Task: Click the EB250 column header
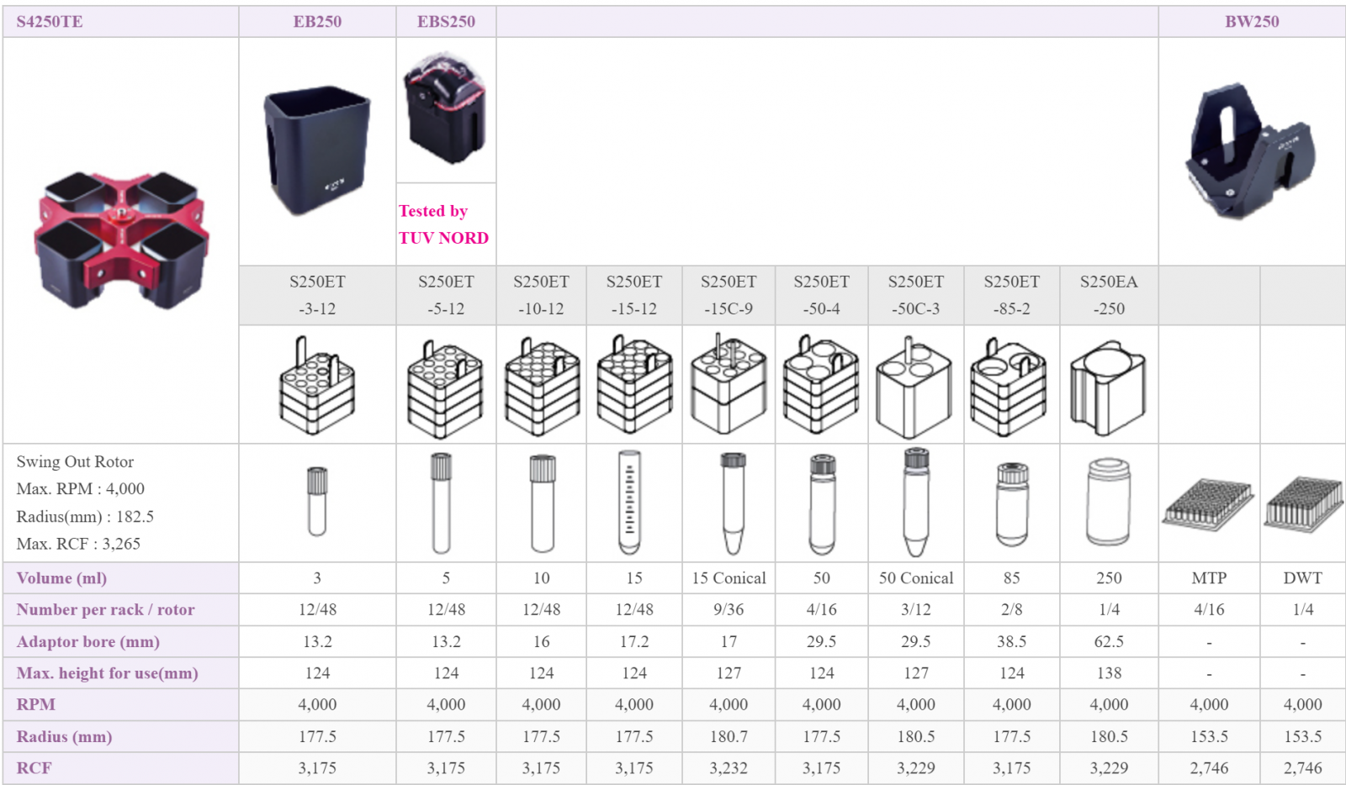[x=317, y=22]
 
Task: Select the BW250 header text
[x=1252, y=22]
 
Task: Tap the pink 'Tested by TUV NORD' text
[x=443, y=224]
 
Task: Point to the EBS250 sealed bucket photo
[x=445, y=108]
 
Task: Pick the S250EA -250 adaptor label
[x=1109, y=295]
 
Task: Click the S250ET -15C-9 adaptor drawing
[x=729, y=385]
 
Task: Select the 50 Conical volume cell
[x=916, y=578]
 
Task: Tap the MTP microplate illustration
[x=1208, y=504]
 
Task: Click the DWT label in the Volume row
[x=1303, y=578]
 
